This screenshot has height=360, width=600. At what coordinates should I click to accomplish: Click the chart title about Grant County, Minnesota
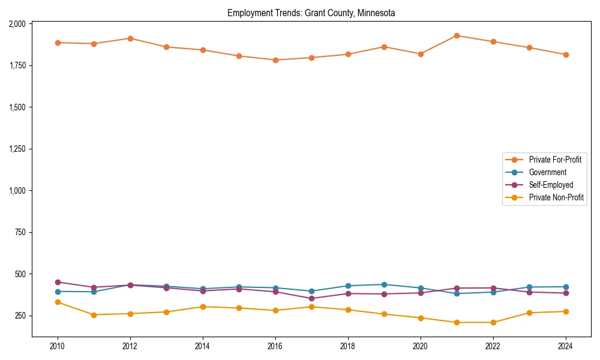[x=311, y=13]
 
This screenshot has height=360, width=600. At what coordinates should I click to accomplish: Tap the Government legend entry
[x=547, y=172]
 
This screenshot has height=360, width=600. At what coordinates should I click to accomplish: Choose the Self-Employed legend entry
[x=551, y=185]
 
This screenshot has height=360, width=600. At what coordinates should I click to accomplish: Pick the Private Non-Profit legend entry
[x=556, y=197]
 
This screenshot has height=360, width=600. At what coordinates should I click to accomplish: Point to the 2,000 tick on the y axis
[x=17, y=24]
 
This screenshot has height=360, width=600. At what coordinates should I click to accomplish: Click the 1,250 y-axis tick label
[x=17, y=149]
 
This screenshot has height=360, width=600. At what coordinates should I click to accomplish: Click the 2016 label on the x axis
[x=275, y=347]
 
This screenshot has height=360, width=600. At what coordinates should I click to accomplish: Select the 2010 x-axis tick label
[x=58, y=347]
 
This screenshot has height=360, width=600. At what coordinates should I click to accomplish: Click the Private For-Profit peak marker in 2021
[x=457, y=35]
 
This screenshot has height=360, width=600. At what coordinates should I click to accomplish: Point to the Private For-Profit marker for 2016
[x=275, y=60]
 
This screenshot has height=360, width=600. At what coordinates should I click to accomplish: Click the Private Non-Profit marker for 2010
[x=58, y=302]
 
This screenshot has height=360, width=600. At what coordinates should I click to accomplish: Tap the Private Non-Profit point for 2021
[x=457, y=322]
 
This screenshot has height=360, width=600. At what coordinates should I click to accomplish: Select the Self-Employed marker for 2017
[x=311, y=298]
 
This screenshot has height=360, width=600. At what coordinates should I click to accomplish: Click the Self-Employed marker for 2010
[x=58, y=282]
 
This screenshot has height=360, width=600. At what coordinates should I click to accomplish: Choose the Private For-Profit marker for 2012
[x=130, y=38]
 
